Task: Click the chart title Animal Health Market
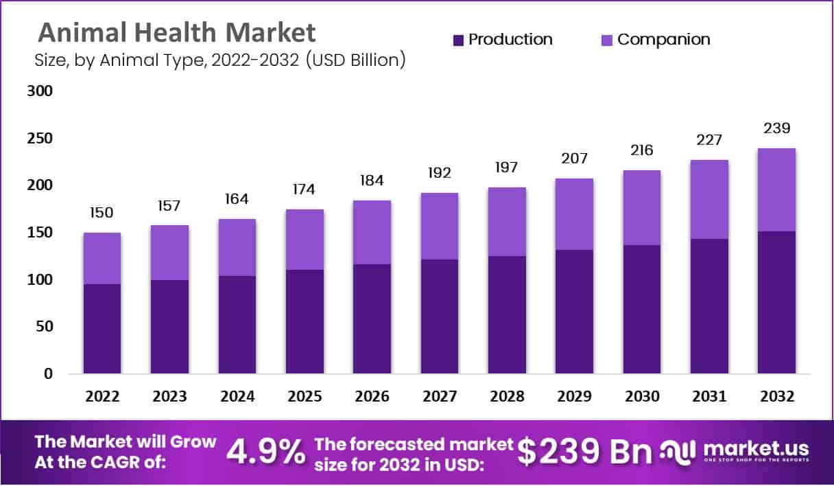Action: [176, 32]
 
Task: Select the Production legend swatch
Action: [459, 40]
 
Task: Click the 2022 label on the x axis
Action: [102, 397]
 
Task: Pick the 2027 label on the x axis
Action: [440, 397]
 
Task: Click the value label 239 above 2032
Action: [777, 128]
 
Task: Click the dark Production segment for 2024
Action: [237, 325]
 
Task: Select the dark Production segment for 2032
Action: [777, 302]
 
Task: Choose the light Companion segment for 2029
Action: [575, 214]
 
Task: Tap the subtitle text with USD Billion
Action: [219, 60]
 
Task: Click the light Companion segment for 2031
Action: [709, 199]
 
